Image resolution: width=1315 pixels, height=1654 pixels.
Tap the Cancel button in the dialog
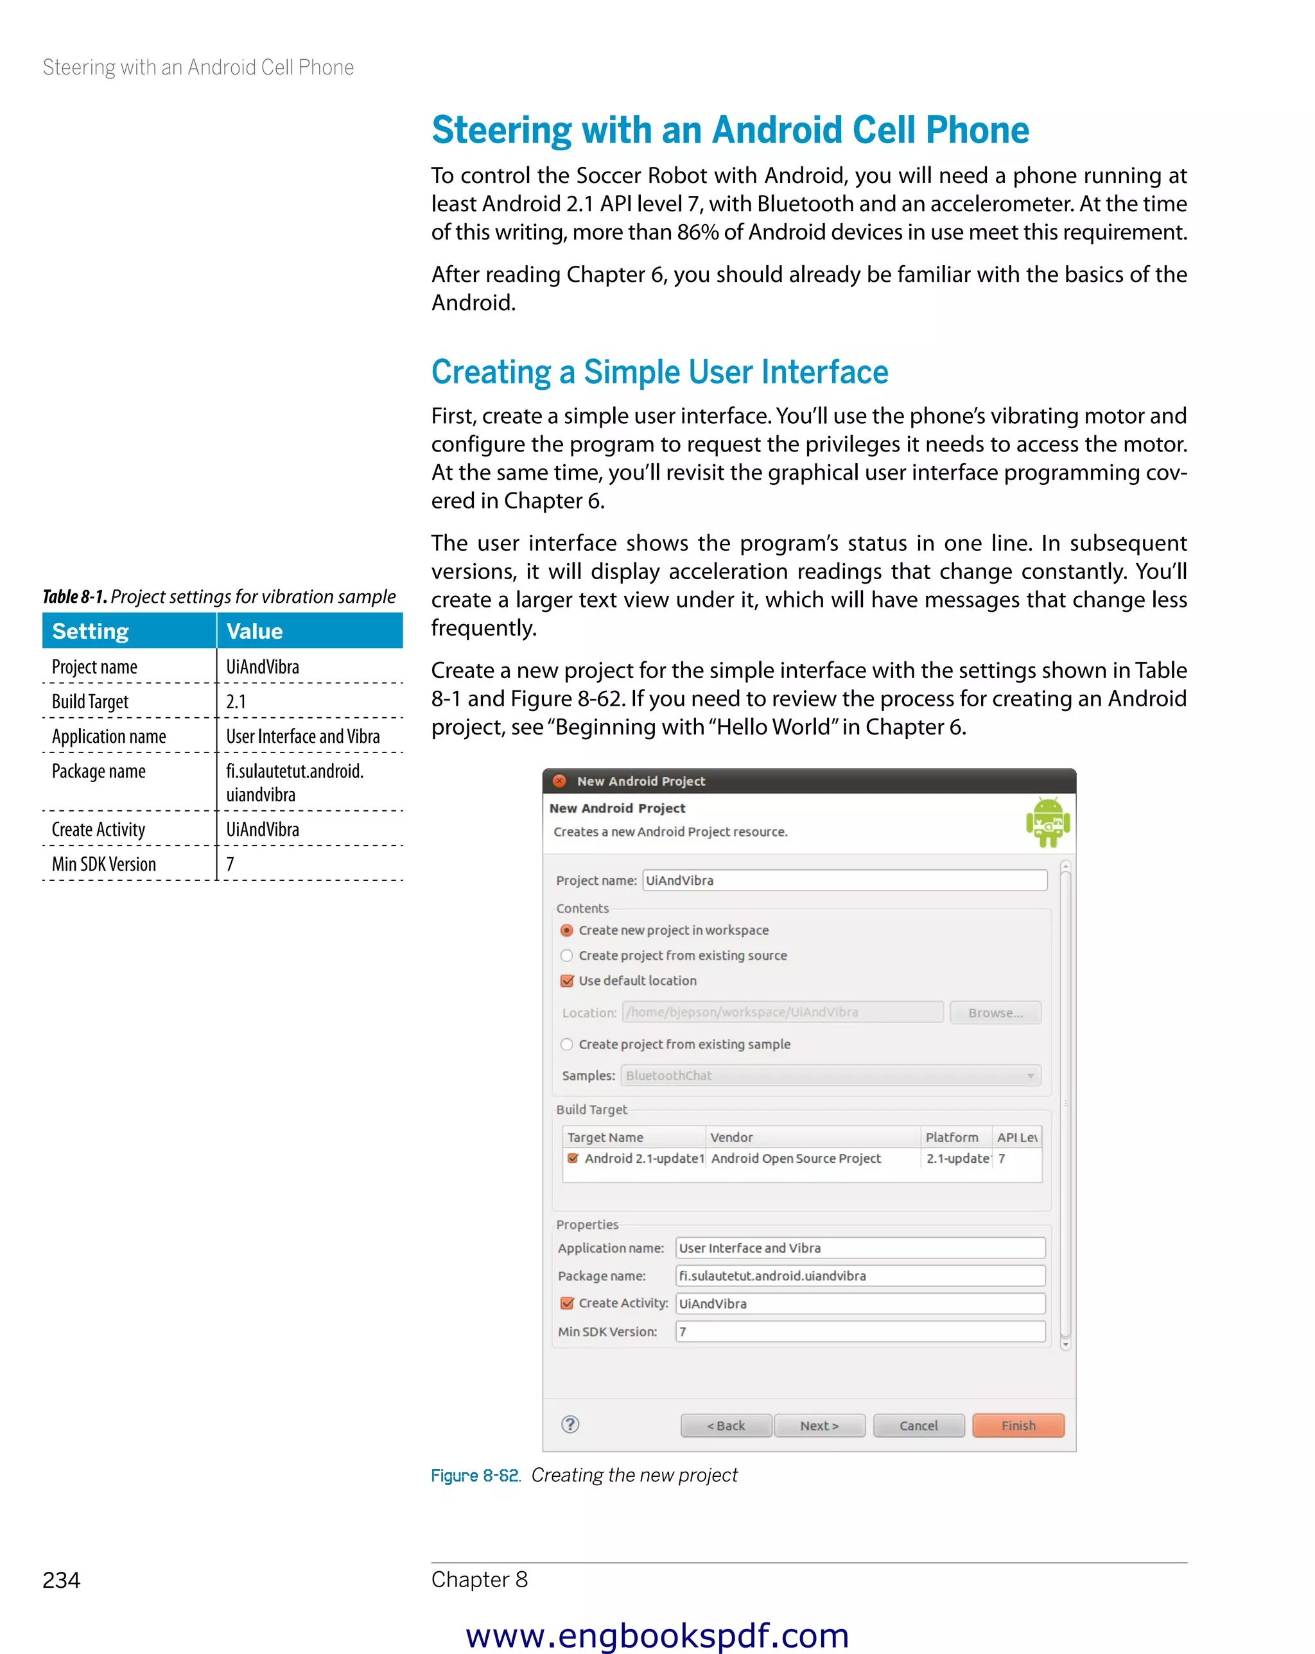(x=918, y=1425)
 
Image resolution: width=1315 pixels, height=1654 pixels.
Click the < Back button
(x=725, y=1425)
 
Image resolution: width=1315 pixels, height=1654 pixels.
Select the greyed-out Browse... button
(x=995, y=1013)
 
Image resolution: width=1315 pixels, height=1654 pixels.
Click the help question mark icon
(x=570, y=1425)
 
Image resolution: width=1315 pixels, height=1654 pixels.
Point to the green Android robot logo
(x=1047, y=823)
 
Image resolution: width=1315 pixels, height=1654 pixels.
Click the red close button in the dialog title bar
(x=560, y=781)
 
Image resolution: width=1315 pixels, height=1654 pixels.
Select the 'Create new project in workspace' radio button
(x=567, y=930)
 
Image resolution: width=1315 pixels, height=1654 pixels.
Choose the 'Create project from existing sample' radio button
(x=567, y=1044)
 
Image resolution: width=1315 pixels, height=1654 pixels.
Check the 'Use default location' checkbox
(x=567, y=981)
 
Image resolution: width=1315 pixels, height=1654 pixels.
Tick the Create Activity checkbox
(x=567, y=1303)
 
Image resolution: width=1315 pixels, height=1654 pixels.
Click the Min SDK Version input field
(x=859, y=1332)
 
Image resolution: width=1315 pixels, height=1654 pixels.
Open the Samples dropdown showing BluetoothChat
(x=830, y=1075)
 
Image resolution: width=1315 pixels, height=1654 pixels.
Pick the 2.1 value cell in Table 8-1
(x=236, y=702)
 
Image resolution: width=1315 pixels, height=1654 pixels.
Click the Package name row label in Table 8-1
(x=99, y=772)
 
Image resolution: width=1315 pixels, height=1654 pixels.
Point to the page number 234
(x=62, y=1580)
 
